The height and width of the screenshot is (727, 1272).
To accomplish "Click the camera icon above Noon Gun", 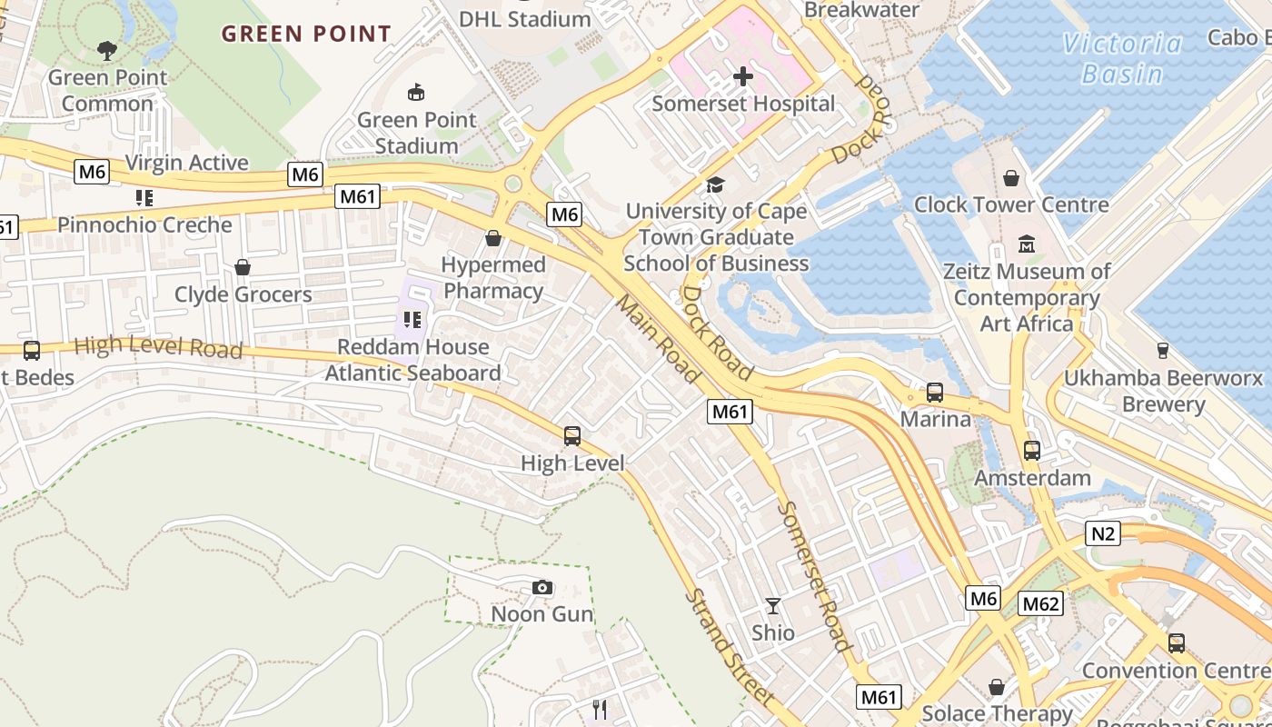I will tap(542, 588).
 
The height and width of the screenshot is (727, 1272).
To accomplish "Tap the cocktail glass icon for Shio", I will tap(773, 606).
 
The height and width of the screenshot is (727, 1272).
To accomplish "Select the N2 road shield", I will tap(1102, 533).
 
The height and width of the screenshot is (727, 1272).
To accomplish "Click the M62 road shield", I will tap(1040, 603).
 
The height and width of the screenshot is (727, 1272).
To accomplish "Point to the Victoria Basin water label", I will tap(1122, 58).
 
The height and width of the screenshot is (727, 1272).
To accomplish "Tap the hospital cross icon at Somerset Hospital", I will tap(743, 76).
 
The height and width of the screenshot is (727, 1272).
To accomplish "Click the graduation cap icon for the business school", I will tap(716, 184).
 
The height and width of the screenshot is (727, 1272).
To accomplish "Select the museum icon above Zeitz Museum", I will tap(1027, 244).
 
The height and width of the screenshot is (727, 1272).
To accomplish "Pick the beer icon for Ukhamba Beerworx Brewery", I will tap(1162, 351).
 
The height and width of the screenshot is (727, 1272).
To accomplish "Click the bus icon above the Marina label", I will tap(934, 393).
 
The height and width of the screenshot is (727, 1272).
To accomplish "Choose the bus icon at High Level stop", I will tap(572, 436).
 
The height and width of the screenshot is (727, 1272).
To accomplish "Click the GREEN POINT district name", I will tap(306, 35).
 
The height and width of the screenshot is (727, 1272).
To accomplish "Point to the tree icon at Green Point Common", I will tap(107, 50).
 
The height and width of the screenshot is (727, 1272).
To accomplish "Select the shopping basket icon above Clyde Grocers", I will tap(243, 267).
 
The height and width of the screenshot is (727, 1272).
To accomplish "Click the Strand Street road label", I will tap(730, 649).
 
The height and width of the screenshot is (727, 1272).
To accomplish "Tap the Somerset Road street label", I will tap(815, 576).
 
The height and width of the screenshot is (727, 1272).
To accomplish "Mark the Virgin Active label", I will tap(186, 163).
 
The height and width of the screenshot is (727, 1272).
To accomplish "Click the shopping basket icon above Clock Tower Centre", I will tap(1011, 178).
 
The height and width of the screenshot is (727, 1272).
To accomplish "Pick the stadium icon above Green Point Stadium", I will tap(416, 92).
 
